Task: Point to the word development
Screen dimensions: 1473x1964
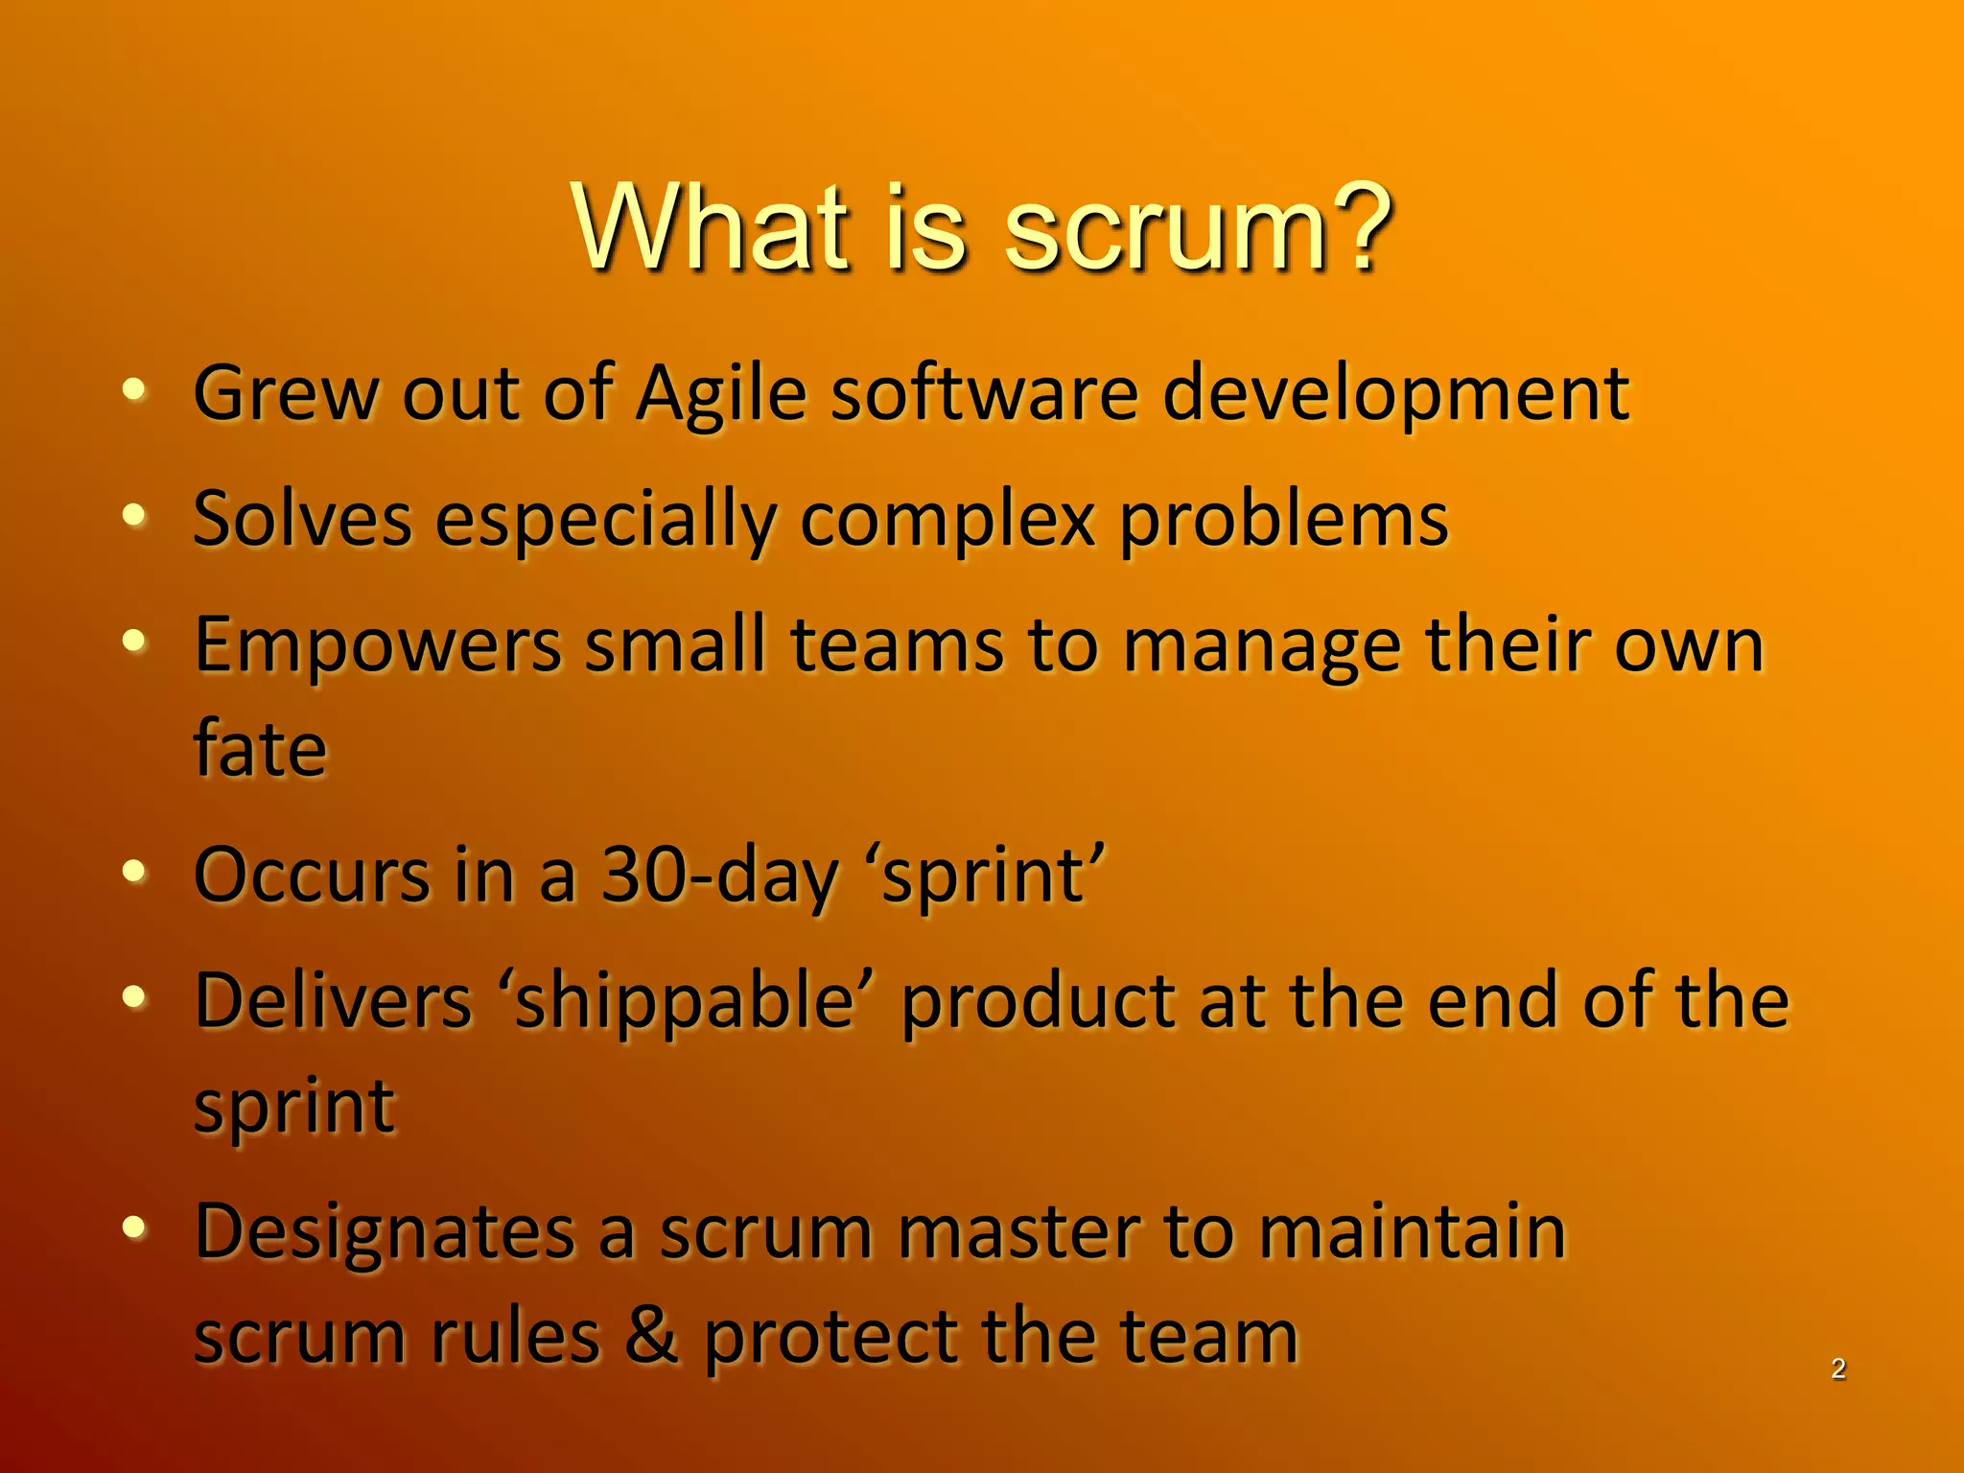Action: point(1395,395)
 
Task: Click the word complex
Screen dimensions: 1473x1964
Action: point(947,520)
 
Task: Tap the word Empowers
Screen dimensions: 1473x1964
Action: point(377,646)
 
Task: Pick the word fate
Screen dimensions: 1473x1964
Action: point(260,748)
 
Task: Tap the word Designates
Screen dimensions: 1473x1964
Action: point(385,1231)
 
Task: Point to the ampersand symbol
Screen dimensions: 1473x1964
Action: point(651,1335)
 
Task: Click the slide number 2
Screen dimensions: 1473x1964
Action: point(1837,1368)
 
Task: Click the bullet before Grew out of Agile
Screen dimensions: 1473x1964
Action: point(134,389)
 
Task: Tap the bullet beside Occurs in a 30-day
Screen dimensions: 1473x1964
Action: point(134,871)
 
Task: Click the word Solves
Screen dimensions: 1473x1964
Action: point(302,520)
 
